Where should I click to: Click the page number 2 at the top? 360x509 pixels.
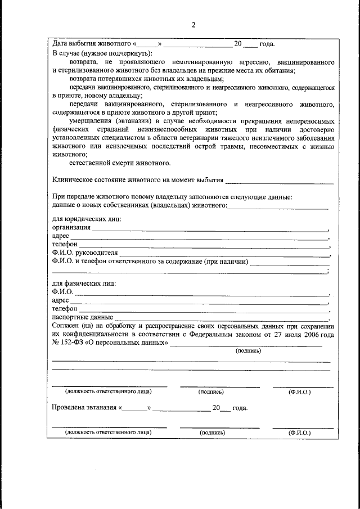point(193,25)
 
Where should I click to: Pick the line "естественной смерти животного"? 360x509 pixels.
point(120,163)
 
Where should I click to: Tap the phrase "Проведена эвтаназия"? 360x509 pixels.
point(84,407)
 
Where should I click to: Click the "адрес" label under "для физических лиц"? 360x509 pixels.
point(60,300)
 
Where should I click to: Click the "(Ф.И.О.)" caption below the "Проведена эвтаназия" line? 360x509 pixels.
point(299,433)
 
